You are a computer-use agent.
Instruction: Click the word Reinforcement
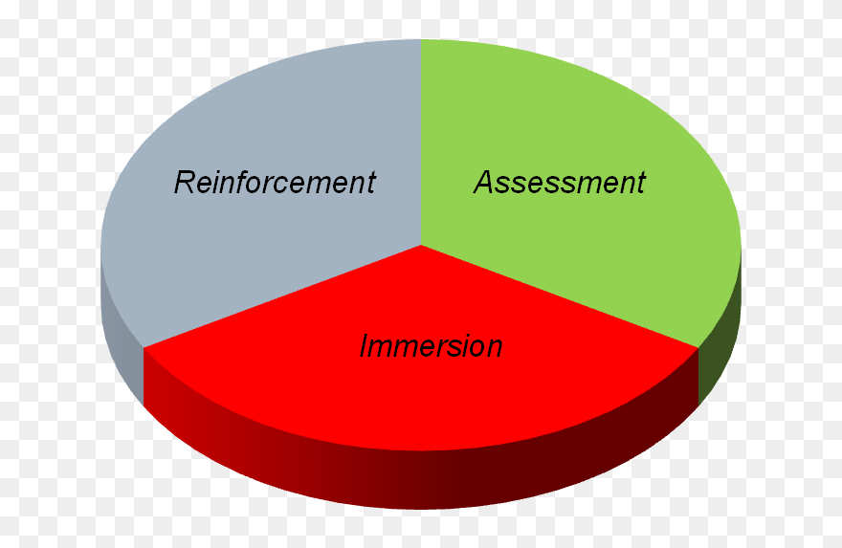click(275, 183)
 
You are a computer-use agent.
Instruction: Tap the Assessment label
click(560, 183)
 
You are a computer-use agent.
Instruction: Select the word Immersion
click(432, 345)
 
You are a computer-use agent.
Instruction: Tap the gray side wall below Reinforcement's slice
click(121, 333)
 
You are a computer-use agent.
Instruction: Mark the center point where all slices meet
click(421, 245)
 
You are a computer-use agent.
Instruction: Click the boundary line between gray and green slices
click(421, 142)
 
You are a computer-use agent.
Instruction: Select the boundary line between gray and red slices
click(282, 296)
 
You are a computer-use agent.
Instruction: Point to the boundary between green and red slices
click(560, 296)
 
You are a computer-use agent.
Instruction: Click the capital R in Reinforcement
click(185, 183)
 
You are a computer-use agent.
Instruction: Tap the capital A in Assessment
click(484, 183)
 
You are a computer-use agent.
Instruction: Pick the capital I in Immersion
click(365, 345)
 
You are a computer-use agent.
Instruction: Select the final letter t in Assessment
click(641, 183)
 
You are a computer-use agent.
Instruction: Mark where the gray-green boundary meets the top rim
click(421, 39)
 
